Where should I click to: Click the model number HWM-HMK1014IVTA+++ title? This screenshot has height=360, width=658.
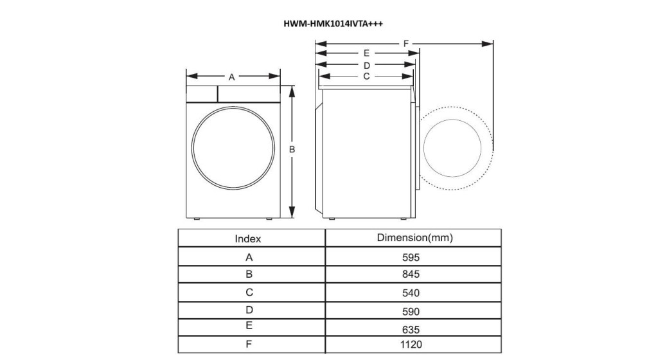pos(333,24)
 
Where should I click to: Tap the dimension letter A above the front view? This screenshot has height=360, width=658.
pos(231,77)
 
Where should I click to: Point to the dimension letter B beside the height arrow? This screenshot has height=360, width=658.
pos(292,149)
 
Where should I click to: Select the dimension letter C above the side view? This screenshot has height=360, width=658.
pos(366,76)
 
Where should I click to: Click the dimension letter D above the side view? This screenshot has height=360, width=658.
pos(367,66)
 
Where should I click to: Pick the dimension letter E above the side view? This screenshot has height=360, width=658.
pos(366,53)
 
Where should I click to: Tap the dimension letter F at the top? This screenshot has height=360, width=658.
pos(406,44)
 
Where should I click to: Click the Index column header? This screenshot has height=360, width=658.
pos(247,239)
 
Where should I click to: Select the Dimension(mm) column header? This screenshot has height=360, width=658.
pos(414,238)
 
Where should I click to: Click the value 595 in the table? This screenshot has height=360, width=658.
pos(411,257)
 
